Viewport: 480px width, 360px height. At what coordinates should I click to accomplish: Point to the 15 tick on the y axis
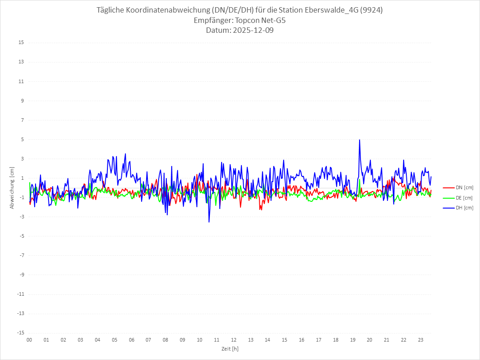21,43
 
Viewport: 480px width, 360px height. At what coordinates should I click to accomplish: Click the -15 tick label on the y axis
20,333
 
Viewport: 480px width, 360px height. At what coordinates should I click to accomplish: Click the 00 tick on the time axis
29,340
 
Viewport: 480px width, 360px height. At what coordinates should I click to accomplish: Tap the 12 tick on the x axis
234,340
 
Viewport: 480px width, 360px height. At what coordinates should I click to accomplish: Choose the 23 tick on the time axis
421,340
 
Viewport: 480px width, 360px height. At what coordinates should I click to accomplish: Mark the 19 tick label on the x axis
353,340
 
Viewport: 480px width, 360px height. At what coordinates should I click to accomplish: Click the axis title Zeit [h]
230,349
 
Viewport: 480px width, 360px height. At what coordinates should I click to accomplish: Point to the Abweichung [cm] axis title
12,187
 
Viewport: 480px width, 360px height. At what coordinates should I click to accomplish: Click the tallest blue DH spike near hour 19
360,140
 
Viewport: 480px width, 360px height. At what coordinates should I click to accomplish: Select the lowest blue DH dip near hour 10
209,222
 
